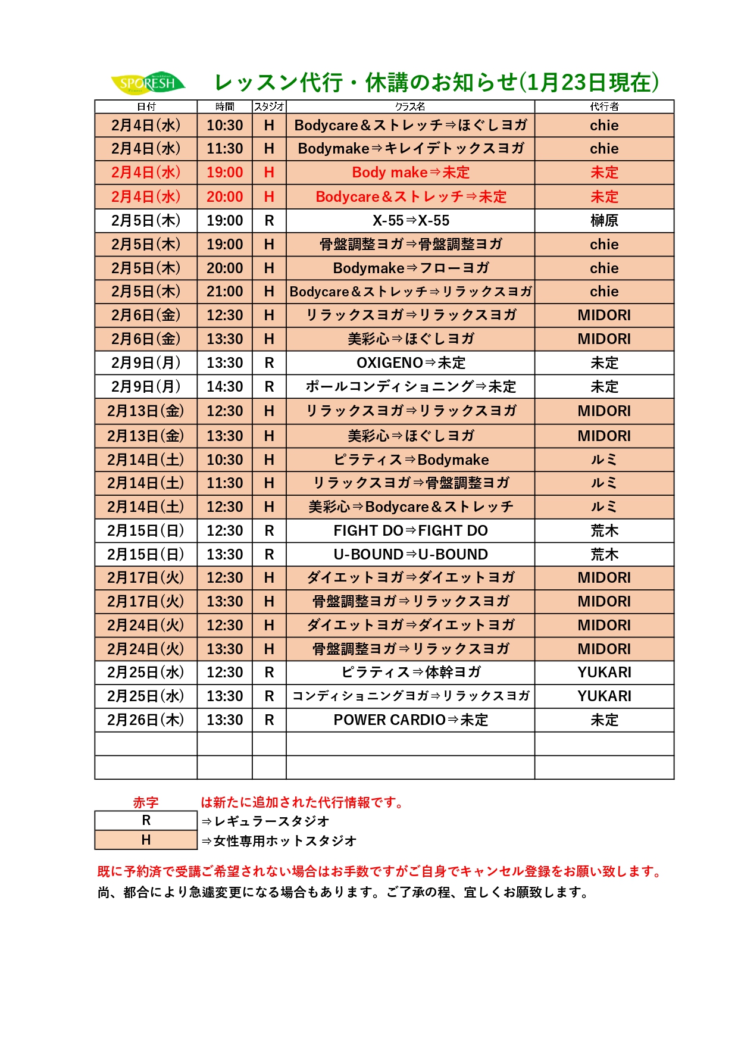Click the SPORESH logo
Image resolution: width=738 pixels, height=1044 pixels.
(x=148, y=83)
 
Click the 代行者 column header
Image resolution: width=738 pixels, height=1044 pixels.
(x=604, y=107)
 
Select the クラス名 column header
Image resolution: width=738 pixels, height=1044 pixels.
(x=410, y=107)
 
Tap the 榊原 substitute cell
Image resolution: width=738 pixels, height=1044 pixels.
(x=604, y=221)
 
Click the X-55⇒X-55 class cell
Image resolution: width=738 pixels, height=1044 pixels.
(x=411, y=221)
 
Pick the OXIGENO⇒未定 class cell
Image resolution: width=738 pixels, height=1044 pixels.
(x=411, y=363)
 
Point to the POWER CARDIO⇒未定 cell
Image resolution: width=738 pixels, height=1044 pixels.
(x=411, y=720)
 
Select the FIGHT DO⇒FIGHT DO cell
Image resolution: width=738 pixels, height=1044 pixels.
(x=411, y=531)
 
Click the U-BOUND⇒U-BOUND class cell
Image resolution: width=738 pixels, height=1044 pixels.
(x=411, y=555)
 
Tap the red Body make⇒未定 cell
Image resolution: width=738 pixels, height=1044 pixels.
(x=411, y=173)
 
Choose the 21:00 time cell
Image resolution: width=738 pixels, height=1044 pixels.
(x=225, y=292)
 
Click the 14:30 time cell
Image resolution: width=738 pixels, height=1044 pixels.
(x=225, y=387)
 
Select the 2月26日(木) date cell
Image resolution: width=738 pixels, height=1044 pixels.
(x=146, y=720)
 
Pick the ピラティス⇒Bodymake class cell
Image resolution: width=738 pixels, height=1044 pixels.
(x=411, y=460)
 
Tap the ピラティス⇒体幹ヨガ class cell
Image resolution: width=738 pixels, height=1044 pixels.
(x=411, y=673)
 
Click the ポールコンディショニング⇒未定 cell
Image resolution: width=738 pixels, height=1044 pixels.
(x=411, y=387)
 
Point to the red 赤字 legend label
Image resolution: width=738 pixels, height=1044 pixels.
(x=146, y=802)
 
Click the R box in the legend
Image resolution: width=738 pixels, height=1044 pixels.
(x=146, y=821)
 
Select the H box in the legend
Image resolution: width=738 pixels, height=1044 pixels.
(x=146, y=840)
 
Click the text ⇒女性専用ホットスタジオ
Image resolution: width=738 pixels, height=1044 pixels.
(x=279, y=841)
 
